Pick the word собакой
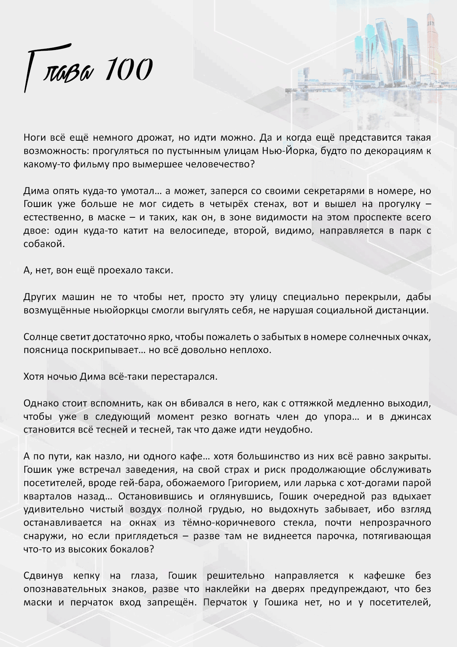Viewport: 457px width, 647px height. (x=44, y=244)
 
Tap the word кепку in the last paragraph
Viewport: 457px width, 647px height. (x=86, y=576)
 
